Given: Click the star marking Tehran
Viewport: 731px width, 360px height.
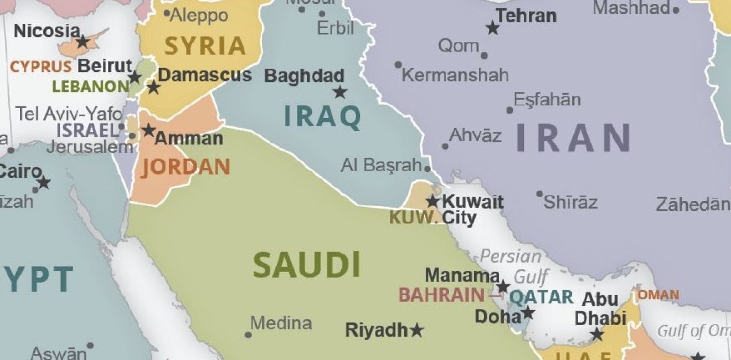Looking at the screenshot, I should (x=492, y=28).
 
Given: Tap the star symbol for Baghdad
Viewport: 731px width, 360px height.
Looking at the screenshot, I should (x=340, y=92).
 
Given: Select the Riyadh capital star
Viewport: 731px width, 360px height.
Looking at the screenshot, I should (x=416, y=331).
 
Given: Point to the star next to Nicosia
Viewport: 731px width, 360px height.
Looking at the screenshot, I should (x=83, y=42).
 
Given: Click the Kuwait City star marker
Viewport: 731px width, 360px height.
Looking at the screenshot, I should (x=433, y=202).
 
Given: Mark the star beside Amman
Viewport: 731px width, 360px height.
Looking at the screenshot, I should (x=148, y=130).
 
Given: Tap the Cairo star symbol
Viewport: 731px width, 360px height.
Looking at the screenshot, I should (x=43, y=182).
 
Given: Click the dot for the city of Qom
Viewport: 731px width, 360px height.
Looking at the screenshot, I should (x=485, y=55).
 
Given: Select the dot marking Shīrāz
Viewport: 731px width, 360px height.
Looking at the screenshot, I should (x=539, y=194).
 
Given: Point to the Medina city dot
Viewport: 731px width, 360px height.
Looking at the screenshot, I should (x=248, y=335).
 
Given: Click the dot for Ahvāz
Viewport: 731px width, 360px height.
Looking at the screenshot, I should (x=445, y=147).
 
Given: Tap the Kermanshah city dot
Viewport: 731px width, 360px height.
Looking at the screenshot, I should (x=398, y=65).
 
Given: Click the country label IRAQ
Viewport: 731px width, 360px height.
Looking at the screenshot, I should (x=322, y=116).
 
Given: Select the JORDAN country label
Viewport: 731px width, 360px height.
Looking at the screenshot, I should (x=186, y=167).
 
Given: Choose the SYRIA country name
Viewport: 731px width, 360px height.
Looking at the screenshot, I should (x=205, y=46).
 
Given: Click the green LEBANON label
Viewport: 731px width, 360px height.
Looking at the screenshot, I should (x=91, y=86).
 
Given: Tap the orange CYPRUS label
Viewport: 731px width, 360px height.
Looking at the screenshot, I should (x=41, y=67).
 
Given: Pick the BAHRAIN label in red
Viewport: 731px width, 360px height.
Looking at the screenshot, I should (x=441, y=295).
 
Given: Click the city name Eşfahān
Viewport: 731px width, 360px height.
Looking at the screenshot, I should (x=547, y=100).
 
